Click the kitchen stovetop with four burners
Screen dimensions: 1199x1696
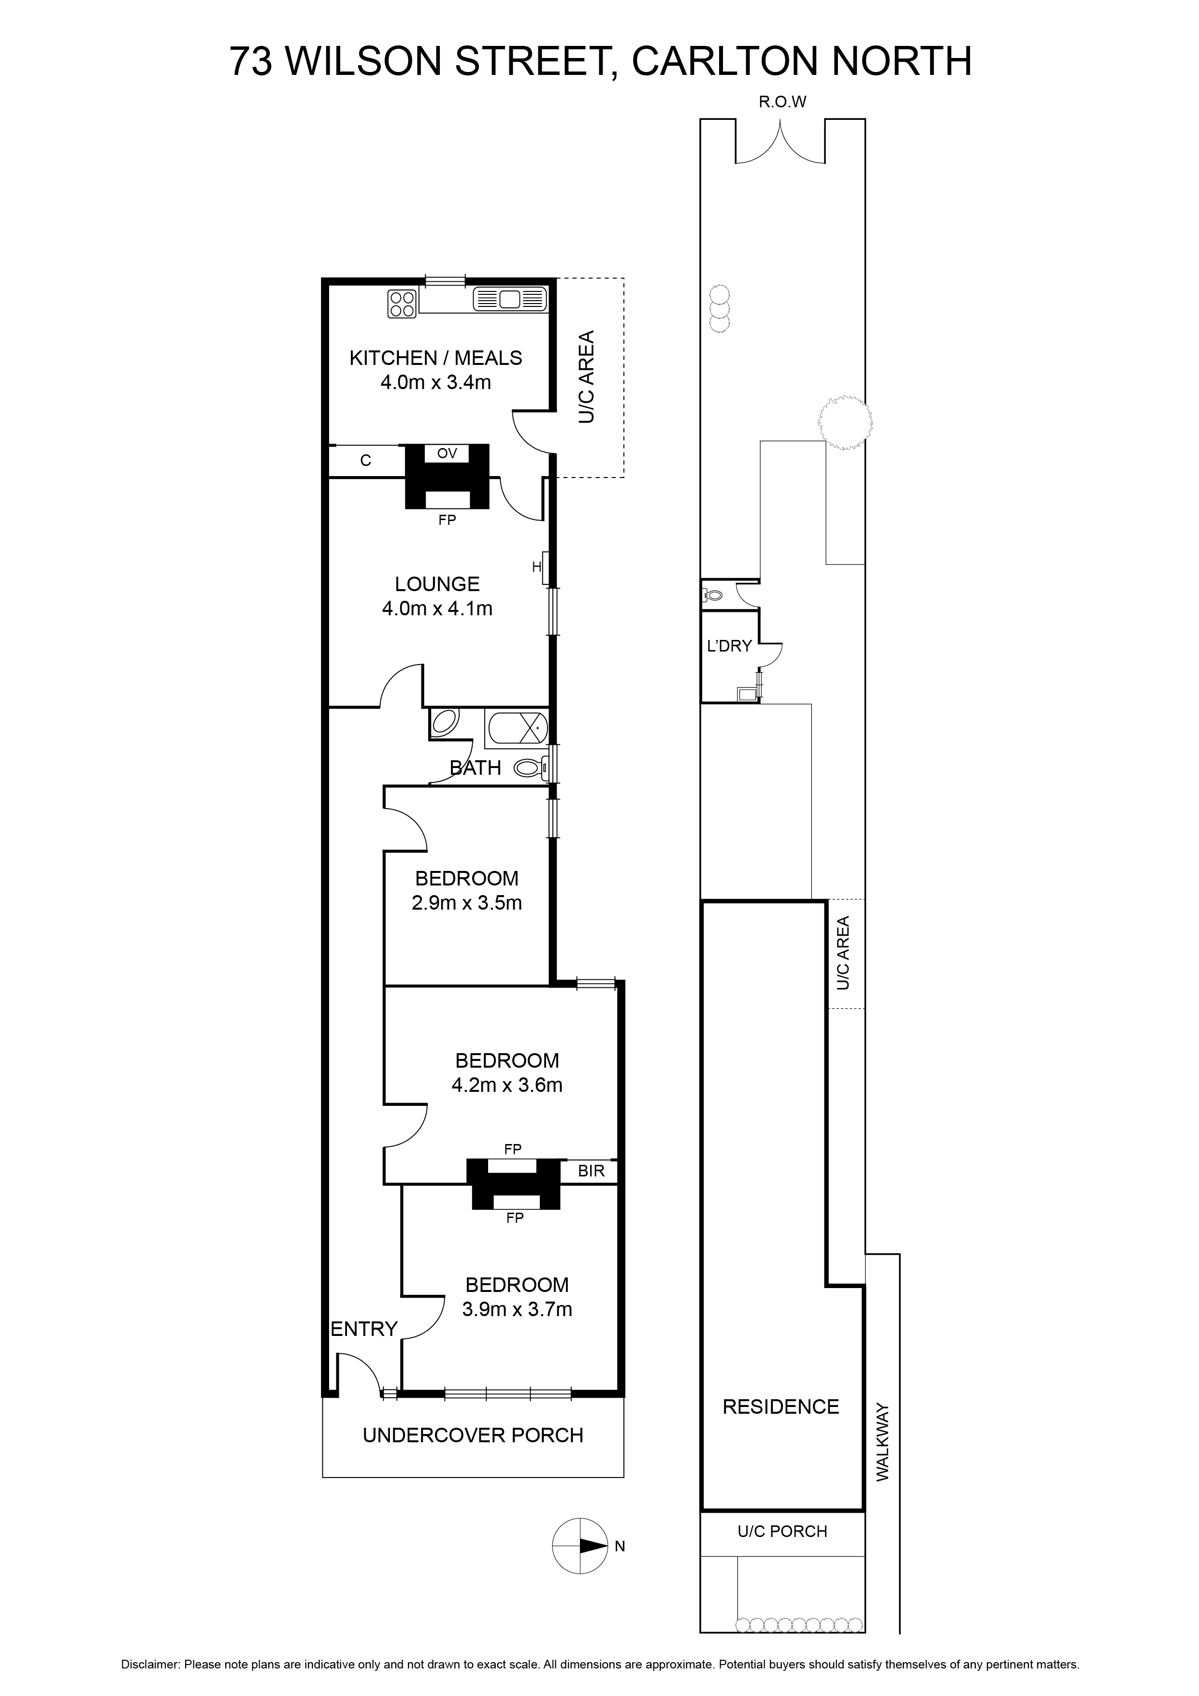402,304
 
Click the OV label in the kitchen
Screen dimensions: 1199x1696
447,453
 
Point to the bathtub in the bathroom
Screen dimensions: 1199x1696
517,727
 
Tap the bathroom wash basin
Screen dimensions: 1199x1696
444,722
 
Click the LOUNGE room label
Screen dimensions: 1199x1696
437,584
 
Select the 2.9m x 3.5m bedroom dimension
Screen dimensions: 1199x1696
467,903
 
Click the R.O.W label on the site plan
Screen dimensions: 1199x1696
782,102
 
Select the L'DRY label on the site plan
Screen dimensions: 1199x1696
729,646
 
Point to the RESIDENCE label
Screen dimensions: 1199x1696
781,1406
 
